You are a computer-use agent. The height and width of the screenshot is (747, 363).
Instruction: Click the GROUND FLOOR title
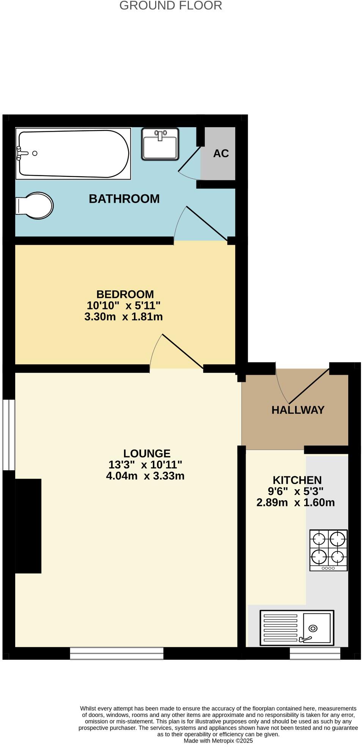[x=171, y=6]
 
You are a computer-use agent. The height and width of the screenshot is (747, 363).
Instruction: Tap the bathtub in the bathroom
[x=73, y=153]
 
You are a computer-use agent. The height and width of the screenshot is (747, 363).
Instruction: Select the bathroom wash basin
[x=160, y=144]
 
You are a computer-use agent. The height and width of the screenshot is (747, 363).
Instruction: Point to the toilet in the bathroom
[x=34, y=205]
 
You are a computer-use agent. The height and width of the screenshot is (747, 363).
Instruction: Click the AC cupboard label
[x=221, y=153]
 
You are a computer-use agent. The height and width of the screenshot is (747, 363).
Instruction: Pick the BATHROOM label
[x=124, y=199]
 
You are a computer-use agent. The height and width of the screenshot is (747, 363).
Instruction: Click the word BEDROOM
[x=125, y=294]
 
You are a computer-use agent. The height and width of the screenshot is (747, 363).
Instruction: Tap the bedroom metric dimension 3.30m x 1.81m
[x=124, y=317]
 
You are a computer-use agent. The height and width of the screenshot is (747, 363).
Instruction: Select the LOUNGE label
[x=147, y=453]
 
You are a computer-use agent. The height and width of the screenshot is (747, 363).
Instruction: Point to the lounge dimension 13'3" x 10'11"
[x=145, y=464]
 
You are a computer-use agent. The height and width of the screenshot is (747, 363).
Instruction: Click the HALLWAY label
[x=298, y=410]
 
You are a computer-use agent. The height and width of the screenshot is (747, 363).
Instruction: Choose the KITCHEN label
[x=297, y=480]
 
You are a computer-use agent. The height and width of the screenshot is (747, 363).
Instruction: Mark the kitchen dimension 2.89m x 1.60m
[x=295, y=503]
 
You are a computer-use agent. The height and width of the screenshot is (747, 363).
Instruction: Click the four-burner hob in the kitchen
[x=328, y=550]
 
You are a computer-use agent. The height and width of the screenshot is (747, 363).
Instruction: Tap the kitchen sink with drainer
[x=297, y=628]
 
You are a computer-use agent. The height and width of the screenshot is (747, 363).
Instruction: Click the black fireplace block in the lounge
[x=28, y=526]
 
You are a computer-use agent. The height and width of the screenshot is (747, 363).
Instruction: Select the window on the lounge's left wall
[x=9, y=435]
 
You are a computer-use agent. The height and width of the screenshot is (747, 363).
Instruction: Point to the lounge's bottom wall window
[x=117, y=653]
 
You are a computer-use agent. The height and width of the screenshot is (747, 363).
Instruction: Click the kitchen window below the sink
[x=315, y=653]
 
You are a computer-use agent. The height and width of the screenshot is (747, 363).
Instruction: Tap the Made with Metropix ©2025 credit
[x=218, y=741]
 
